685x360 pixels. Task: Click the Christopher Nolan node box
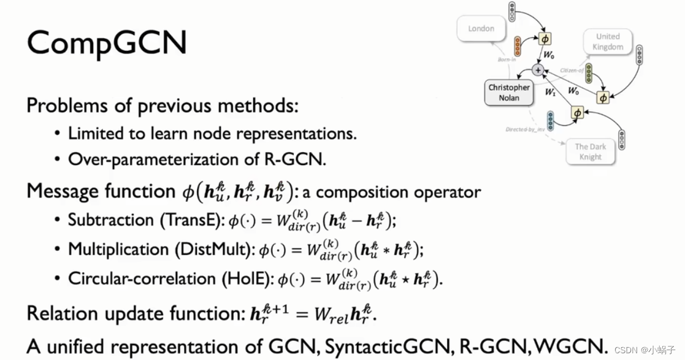pyautogui.click(x=509, y=93)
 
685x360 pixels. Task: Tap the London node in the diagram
pyautogui.click(x=481, y=28)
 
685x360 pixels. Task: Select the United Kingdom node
pyautogui.click(x=608, y=42)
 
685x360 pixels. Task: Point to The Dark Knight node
pyautogui.click(x=590, y=151)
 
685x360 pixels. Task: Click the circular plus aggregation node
pyautogui.click(x=538, y=70)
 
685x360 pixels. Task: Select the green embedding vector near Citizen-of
pyautogui.click(x=589, y=73)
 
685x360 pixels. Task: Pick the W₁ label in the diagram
pyautogui.click(x=551, y=93)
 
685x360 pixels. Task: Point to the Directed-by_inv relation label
pyautogui.click(x=525, y=130)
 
